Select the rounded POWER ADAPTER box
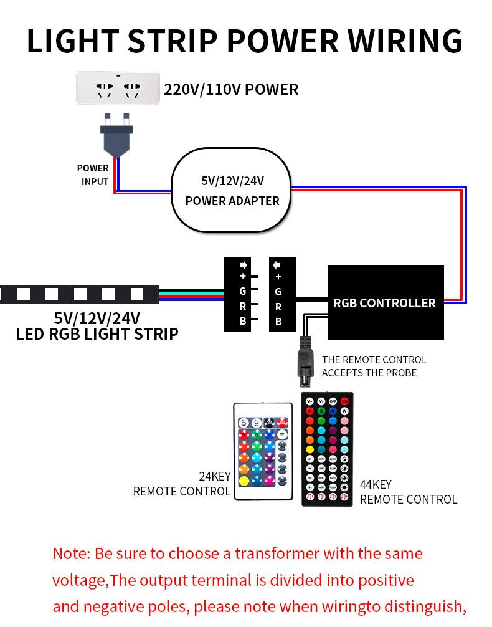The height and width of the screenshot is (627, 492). tap(232, 190)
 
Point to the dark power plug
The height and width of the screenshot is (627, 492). tap(116, 136)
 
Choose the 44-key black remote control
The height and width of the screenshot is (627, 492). tap(327, 449)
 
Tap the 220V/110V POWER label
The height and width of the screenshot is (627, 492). tap(231, 89)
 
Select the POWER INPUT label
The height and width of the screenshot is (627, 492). tap(93, 175)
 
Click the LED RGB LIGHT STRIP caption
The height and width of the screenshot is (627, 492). tap(97, 334)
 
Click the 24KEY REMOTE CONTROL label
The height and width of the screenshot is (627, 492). tap(182, 484)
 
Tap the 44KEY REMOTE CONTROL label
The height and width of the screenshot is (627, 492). tap(408, 492)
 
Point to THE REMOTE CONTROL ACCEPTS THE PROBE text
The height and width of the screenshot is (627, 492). tap(374, 366)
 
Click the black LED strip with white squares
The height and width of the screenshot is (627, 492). tap(78, 294)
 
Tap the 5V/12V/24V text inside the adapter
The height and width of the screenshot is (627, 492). tap(232, 181)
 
